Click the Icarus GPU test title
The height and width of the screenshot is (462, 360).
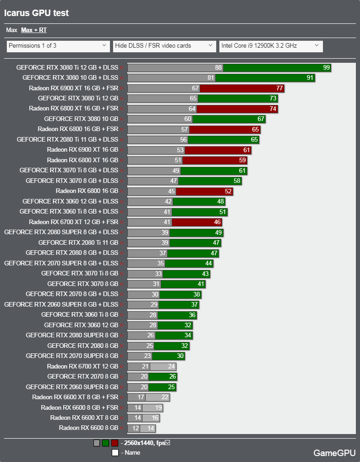point(37,13)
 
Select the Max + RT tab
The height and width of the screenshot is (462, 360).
point(33,30)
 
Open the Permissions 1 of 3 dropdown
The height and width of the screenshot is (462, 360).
point(58,46)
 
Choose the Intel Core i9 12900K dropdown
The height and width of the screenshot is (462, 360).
point(271,46)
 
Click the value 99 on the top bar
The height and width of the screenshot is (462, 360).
point(326,67)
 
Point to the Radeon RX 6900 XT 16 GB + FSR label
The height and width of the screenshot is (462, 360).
point(73,88)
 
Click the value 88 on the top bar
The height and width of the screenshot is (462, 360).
point(218,67)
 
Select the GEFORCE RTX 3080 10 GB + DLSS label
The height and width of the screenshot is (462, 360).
point(70,77)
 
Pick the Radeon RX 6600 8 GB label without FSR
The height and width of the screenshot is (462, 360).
point(88,428)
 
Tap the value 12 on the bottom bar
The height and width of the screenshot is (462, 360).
point(136,428)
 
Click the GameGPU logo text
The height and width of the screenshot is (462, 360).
point(334,453)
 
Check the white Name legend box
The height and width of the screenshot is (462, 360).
point(115,452)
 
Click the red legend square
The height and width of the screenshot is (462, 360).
point(114,443)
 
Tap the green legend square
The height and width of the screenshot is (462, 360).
point(105,443)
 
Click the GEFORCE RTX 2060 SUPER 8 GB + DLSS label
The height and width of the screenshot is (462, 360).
point(61,304)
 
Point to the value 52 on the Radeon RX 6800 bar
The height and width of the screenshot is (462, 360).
point(228,191)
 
